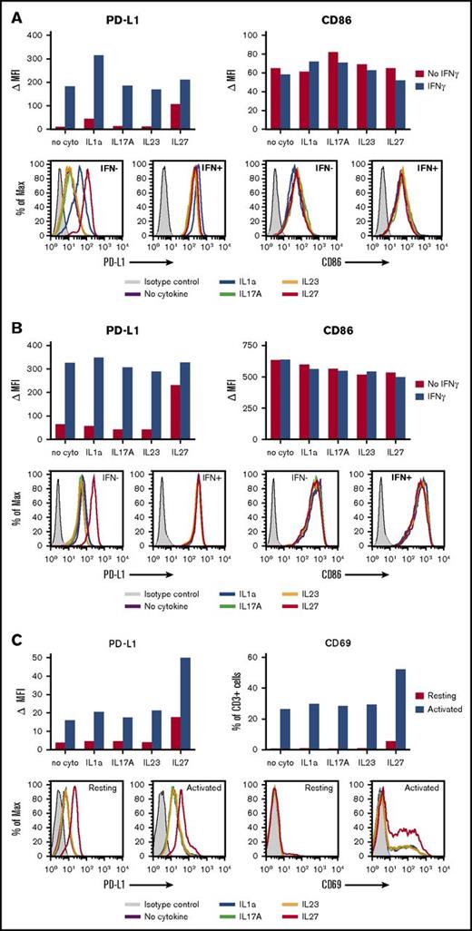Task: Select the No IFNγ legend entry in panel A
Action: pos(447,72)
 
